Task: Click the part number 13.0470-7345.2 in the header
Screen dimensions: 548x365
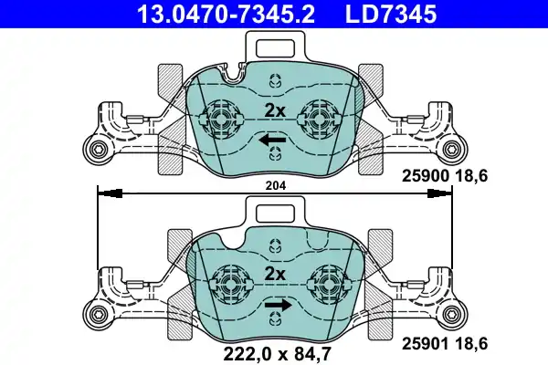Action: pos(226,14)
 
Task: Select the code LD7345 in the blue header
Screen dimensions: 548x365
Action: pos(391,14)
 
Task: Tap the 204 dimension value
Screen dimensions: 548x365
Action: pos(276,185)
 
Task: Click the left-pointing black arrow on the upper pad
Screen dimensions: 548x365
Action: pos(272,141)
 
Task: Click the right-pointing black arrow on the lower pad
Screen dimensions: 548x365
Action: pos(278,306)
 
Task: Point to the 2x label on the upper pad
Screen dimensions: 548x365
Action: pos(275,111)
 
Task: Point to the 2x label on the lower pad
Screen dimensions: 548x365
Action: pos(275,274)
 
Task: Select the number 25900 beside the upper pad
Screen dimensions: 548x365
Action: pos(425,176)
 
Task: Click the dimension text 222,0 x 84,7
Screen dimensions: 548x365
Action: pos(277,354)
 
